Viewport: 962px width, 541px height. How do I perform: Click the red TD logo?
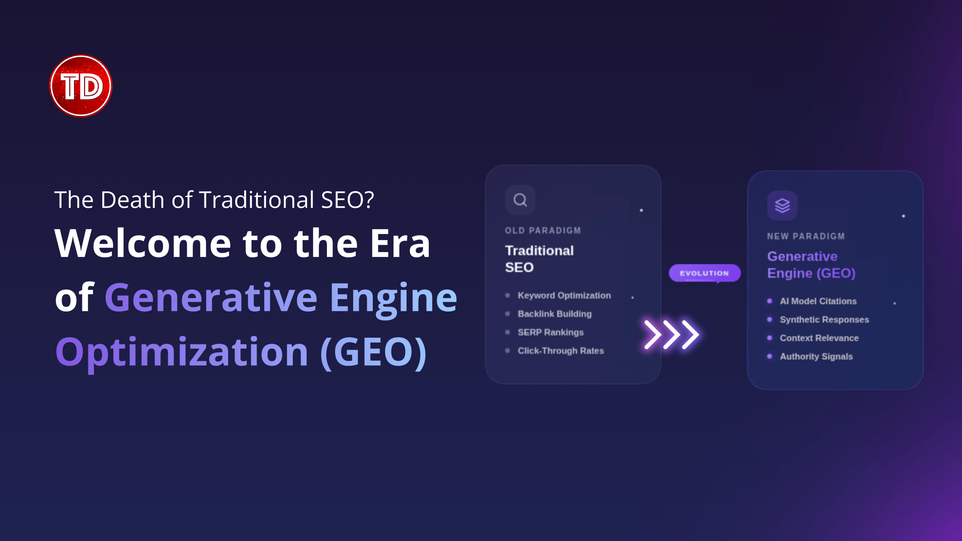[81, 86]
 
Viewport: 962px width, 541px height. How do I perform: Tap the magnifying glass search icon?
[520, 200]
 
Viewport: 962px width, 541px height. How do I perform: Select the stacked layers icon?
[782, 206]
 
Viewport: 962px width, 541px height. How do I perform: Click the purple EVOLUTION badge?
[705, 273]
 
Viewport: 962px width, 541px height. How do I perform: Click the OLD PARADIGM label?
[543, 230]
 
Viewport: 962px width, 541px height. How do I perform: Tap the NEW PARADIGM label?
[806, 236]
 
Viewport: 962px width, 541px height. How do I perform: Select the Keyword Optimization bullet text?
[564, 295]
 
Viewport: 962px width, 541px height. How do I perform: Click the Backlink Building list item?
[555, 314]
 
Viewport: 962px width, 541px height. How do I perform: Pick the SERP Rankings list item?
[551, 332]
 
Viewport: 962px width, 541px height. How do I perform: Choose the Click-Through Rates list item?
[561, 351]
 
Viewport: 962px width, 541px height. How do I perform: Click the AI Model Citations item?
[818, 301]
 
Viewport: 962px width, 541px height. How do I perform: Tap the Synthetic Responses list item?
[824, 319]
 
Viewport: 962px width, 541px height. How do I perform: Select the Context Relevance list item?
[820, 338]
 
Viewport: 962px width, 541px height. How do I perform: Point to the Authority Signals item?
[817, 356]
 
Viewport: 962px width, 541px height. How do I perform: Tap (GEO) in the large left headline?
[374, 352]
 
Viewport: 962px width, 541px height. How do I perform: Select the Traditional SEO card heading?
[540, 259]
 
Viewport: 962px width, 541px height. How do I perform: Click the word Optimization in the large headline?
[182, 352]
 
